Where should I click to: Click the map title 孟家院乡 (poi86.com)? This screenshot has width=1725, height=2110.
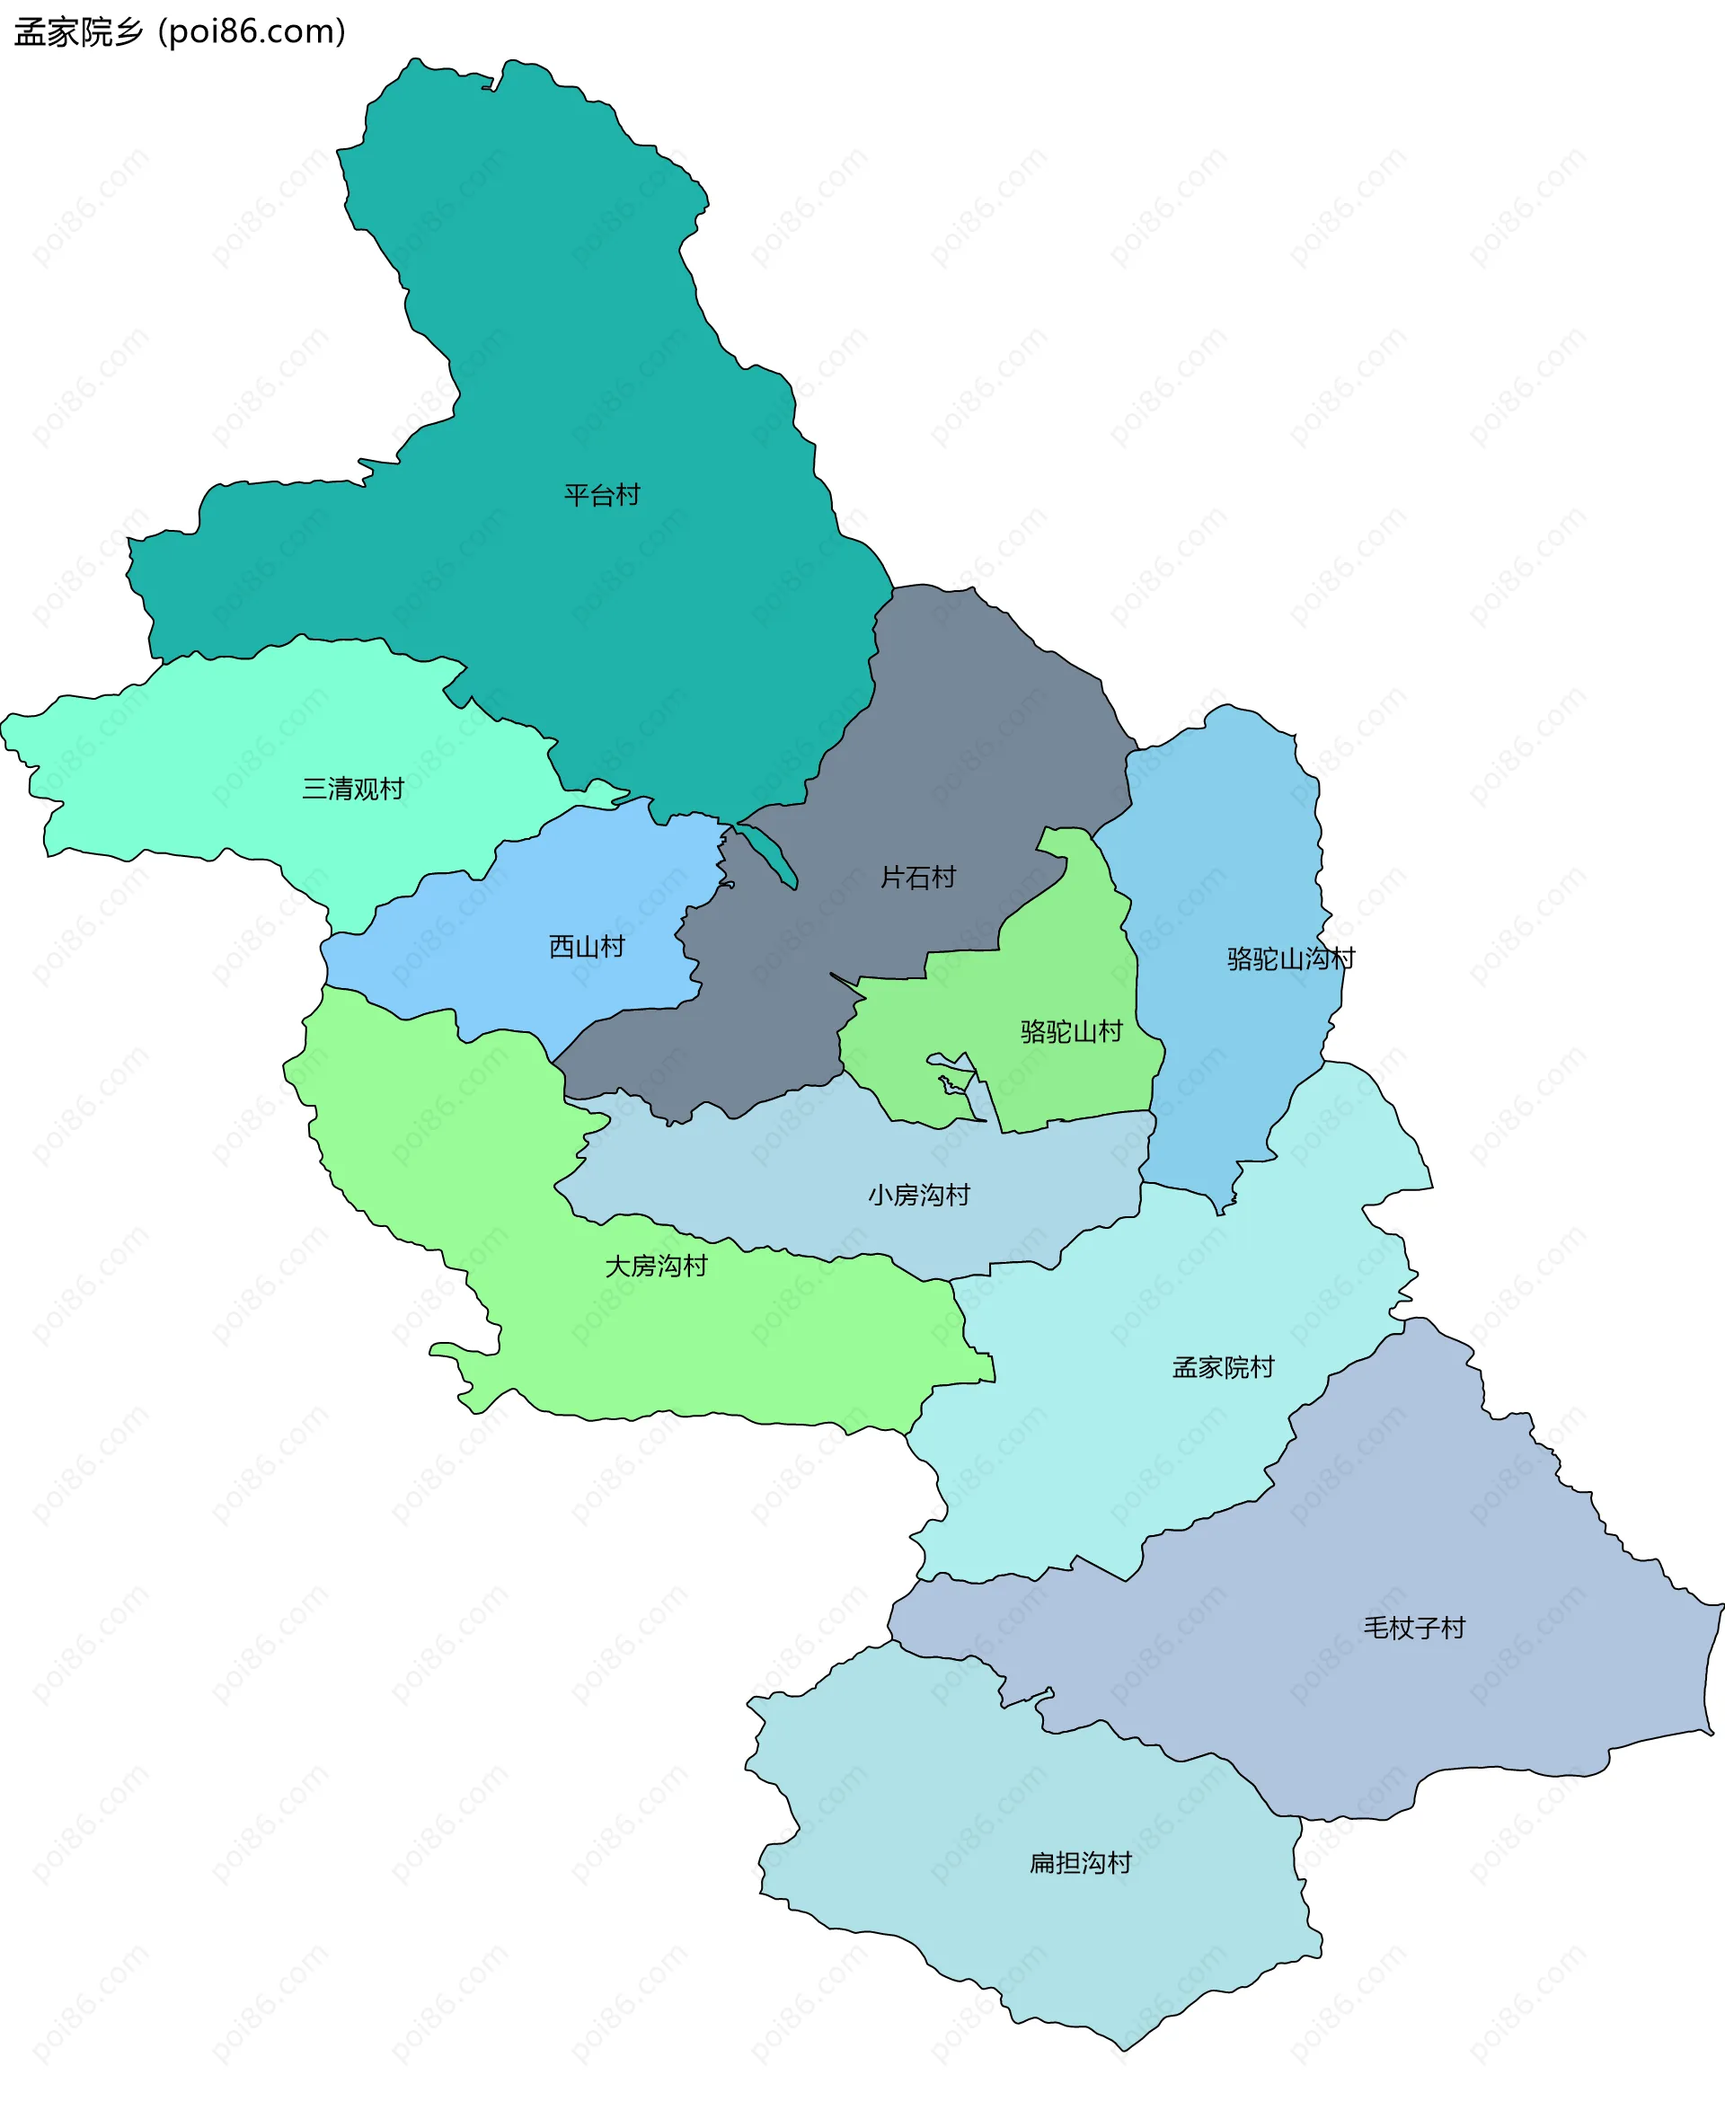point(180,31)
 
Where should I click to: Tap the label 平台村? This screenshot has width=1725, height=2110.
point(602,495)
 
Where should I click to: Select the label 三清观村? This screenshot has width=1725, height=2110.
point(353,789)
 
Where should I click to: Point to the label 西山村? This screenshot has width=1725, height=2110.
point(587,947)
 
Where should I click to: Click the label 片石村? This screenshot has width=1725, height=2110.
point(918,878)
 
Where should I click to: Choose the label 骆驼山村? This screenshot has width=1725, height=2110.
point(1071,1031)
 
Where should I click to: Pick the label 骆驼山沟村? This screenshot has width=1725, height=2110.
point(1291,958)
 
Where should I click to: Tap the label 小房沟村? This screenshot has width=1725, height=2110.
point(918,1194)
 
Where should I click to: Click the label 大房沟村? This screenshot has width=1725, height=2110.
point(656,1266)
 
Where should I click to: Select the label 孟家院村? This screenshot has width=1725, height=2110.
point(1223,1367)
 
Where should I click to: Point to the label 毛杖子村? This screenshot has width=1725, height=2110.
point(1414,1628)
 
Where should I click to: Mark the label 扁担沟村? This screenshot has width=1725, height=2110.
point(1080,1863)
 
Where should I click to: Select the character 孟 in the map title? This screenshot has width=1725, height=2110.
point(31,32)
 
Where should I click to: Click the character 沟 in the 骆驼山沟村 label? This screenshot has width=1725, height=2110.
point(1316,958)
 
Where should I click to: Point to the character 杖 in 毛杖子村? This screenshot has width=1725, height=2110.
point(1401,1628)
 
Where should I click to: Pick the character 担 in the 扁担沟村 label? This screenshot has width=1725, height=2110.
point(1067,1863)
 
